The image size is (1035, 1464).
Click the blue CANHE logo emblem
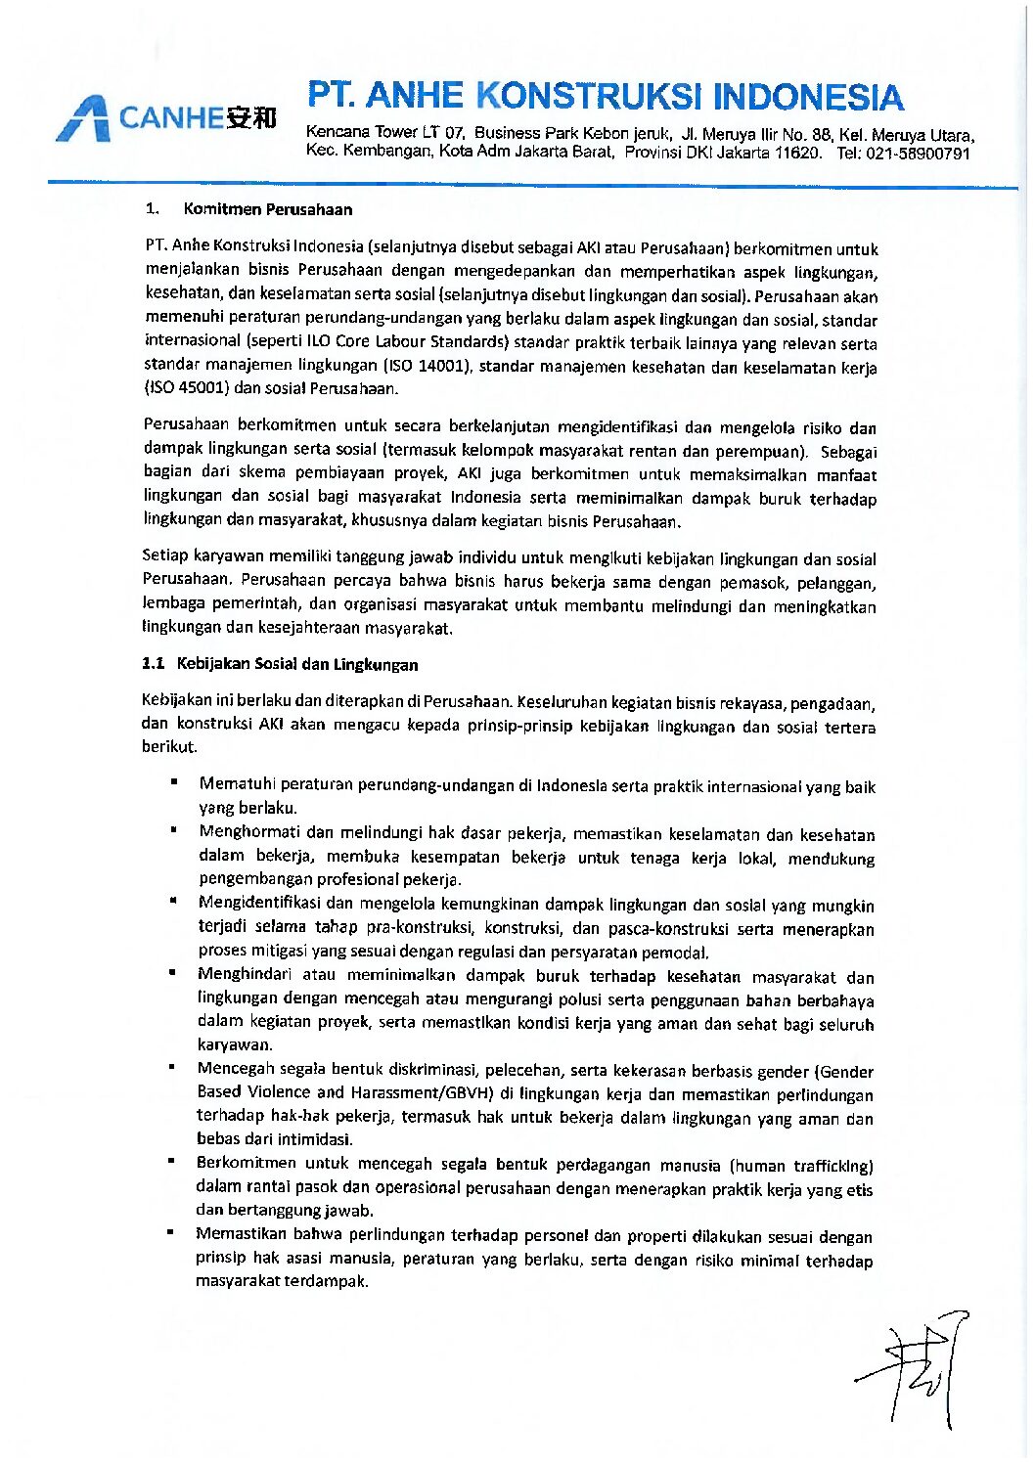coord(82,119)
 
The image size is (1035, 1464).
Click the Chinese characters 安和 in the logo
coord(251,118)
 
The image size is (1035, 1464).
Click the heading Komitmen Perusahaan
coord(267,209)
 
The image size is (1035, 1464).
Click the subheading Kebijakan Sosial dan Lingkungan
coord(296,664)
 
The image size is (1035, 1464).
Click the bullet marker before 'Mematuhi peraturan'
coord(173,781)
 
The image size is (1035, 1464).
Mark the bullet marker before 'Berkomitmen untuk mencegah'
coord(171,1161)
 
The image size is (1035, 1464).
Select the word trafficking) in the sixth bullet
coord(832,1166)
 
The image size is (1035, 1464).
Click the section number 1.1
coord(153,663)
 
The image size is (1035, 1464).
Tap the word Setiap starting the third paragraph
coord(164,555)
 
